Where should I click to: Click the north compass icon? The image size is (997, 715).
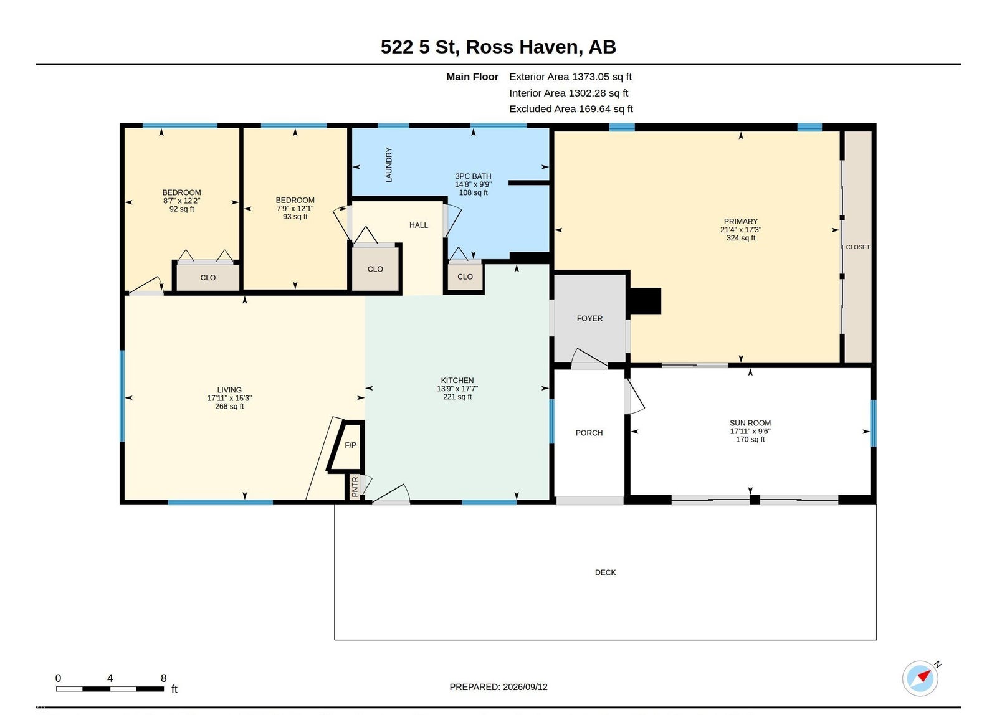click(920, 678)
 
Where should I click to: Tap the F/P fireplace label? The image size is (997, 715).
click(350, 445)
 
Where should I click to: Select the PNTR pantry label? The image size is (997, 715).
click(355, 486)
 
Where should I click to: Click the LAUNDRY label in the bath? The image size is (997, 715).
click(389, 164)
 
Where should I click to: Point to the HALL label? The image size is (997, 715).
click(418, 225)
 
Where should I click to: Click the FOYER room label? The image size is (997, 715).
click(589, 318)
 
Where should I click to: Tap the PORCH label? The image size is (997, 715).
click(589, 433)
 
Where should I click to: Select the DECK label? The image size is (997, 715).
click(605, 572)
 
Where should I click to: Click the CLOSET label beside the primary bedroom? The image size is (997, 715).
click(857, 247)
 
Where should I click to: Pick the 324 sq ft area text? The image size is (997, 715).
click(741, 237)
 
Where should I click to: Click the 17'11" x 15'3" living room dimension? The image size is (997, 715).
click(229, 398)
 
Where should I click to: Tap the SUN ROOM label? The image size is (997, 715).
click(750, 423)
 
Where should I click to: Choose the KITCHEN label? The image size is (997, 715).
click(457, 381)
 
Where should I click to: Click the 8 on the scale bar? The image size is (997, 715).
click(164, 678)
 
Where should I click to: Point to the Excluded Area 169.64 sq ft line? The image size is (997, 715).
click(571, 108)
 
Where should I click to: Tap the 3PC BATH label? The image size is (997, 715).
click(473, 176)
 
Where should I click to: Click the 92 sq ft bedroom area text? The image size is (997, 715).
click(181, 209)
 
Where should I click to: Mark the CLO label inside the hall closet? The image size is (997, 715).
click(375, 268)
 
